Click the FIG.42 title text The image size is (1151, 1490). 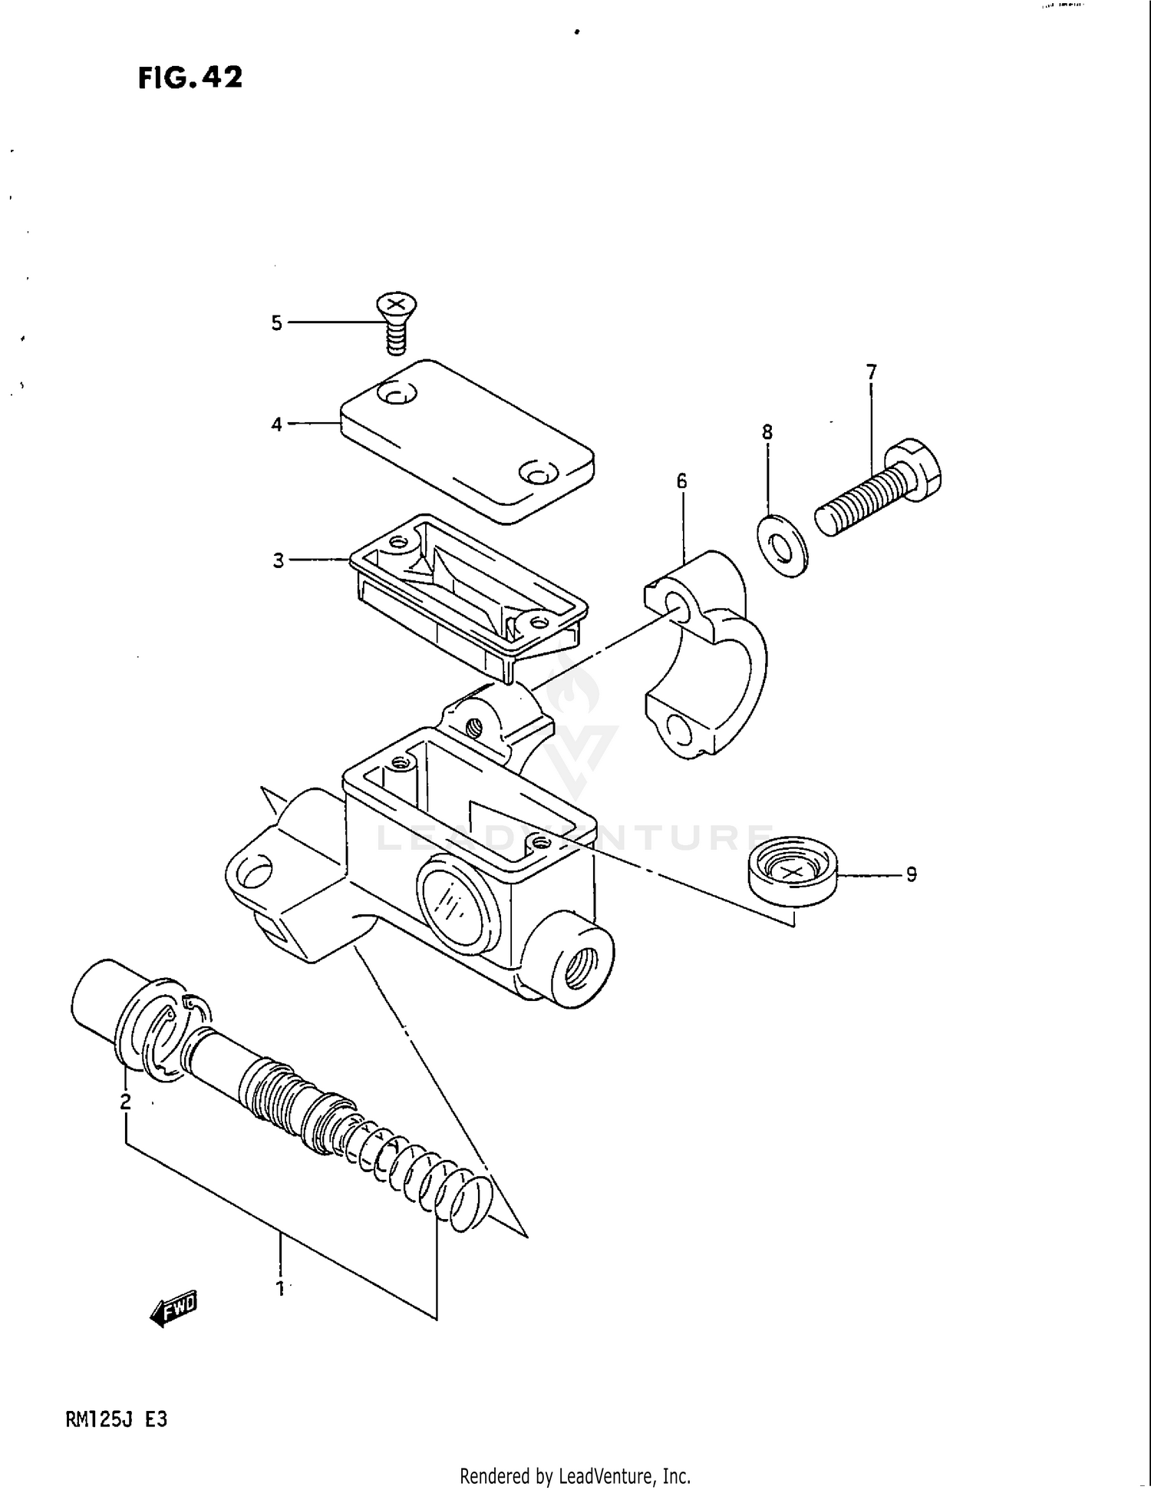click(190, 78)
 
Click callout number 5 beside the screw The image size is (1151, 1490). click(277, 323)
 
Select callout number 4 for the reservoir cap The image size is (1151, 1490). click(277, 424)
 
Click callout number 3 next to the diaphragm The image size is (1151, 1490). click(278, 560)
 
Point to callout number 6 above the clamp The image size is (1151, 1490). click(681, 481)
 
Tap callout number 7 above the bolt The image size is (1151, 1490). click(871, 372)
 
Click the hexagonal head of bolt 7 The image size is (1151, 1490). click(918, 467)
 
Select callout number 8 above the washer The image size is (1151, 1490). click(767, 432)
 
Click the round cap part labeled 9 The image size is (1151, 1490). click(793, 873)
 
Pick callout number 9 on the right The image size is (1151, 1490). click(911, 874)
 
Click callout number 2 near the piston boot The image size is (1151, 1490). click(125, 1102)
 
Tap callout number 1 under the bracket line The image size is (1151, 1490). click(280, 1288)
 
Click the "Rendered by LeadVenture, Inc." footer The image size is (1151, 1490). click(575, 1475)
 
